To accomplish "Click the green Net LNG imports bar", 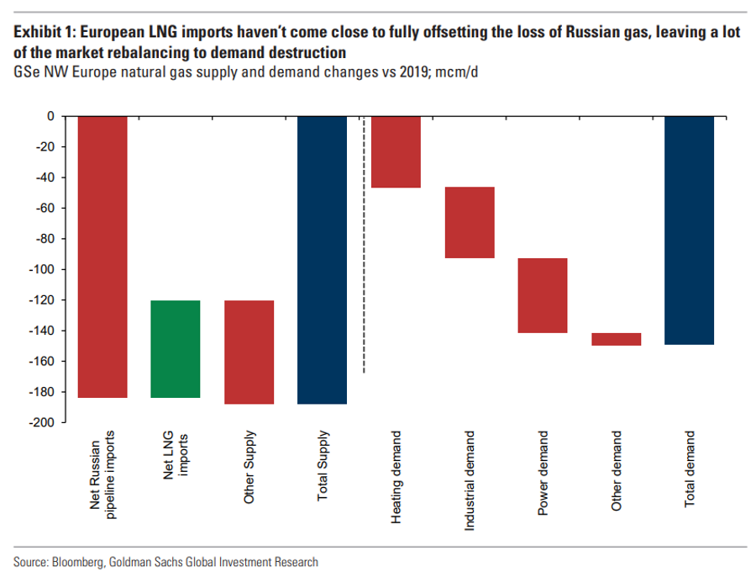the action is click(x=176, y=349).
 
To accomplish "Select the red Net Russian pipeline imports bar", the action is click(x=102, y=257).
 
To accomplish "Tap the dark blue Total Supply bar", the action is click(x=322, y=260).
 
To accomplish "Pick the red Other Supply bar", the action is click(x=249, y=352).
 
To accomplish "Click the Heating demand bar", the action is click(x=396, y=152).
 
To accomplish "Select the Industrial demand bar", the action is click(x=470, y=223).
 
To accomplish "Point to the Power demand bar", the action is click(x=543, y=295).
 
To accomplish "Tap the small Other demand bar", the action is click(x=617, y=339).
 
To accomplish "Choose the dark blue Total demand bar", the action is click(x=689, y=230).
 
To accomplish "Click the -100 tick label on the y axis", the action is click(x=41, y=269).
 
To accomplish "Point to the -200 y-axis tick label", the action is click(x=41, y=422).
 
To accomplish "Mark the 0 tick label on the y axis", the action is click(x=50, y=116).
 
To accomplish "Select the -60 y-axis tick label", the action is click(x=45, y=208).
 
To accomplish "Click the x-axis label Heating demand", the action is click(x=396, y=477).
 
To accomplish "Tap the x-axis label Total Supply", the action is click(x=322, y=466).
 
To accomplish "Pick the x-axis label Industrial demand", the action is click(x=469, y=481).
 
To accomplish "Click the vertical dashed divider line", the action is click(x=364, y=245).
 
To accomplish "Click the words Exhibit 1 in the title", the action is click(x=45, y=32).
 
